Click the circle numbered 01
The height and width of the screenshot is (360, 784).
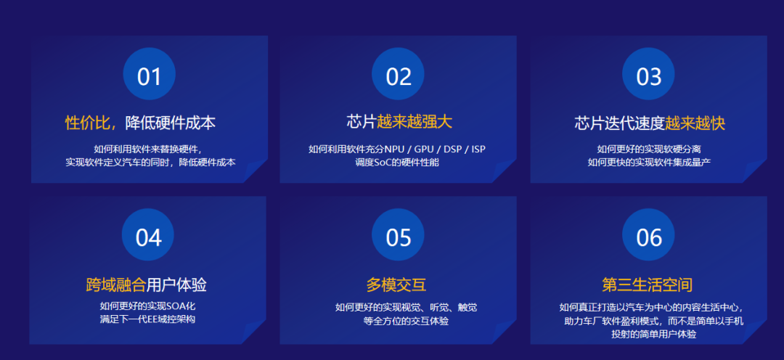(149, 75)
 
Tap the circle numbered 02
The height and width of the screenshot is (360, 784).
(399, 75)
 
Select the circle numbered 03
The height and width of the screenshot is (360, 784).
(649, 75)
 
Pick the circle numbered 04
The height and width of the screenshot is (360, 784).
(149, 237)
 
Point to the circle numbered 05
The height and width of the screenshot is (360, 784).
(399, 237)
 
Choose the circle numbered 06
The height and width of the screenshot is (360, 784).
(649, 237)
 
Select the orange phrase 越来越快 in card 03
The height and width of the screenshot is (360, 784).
(695, 123)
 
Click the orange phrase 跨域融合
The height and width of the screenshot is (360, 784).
(116, 285)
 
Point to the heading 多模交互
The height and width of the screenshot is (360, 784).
(399, 285)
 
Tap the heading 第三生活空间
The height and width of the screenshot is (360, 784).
(648, 285)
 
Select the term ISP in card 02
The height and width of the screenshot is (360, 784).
(478, 150)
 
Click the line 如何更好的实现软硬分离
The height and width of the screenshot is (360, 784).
(649, 150)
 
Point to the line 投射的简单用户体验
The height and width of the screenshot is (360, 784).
(649, 334)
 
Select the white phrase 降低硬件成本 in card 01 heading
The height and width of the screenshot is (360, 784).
(171, 123)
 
